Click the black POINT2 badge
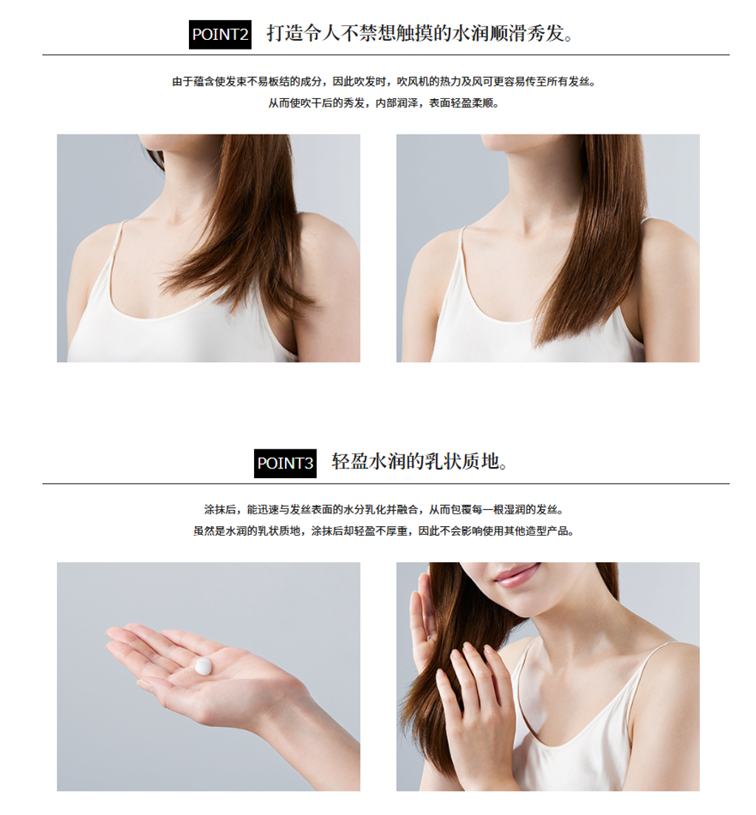tap(220, 35)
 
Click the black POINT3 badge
tap(285, 463)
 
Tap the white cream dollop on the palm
tap(203, 666)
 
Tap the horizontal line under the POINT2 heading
tap(386, 55)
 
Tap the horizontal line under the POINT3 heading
tap(386, 483)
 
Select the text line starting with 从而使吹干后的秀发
tap(384, 103)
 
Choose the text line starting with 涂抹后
tap(384, 510)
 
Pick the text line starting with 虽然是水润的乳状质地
tap(384, 531)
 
